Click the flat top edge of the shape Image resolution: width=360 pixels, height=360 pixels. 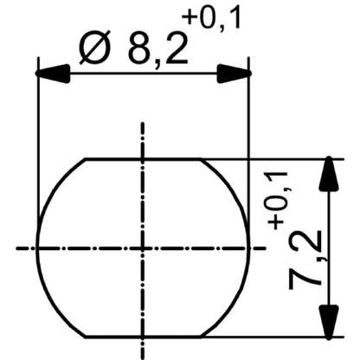[x=144, y=159]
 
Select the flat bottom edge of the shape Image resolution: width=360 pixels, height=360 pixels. [x=144, y=337]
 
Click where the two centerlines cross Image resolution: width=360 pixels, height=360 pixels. [x=144, y=248]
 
